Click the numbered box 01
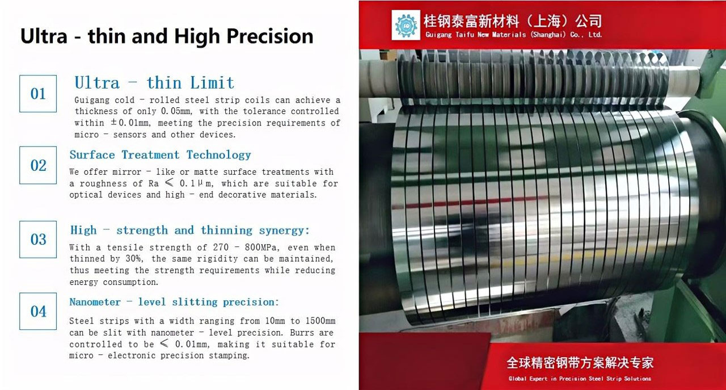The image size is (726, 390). [38, 94]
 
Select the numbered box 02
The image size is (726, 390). [38, 165]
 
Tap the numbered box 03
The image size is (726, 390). [38, 240]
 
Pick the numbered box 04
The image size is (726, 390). [38, 311]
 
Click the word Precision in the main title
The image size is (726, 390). [269, 36]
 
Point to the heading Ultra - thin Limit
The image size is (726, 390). [154, 83]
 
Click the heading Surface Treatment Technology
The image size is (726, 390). [160, 155]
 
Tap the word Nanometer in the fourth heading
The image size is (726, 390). [95, 302]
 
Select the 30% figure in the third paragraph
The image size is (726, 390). [133, 259]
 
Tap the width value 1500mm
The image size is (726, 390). [320, 321]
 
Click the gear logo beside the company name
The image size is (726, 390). [406, 25]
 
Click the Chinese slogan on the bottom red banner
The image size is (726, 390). [580, 363]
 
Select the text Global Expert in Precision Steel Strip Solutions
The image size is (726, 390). [580, 379]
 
